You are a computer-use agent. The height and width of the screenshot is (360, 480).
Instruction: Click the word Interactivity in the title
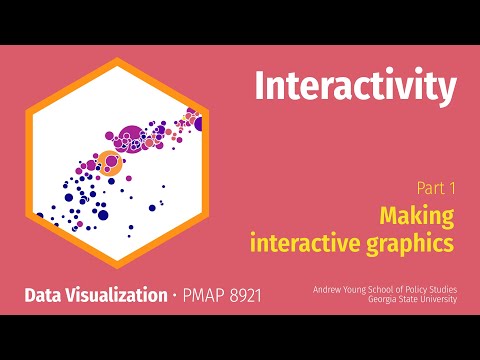[355, 87]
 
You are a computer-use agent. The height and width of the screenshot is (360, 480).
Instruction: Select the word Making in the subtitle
[417, 214]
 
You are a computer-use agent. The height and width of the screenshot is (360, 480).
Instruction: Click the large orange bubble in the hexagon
[108, 162]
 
